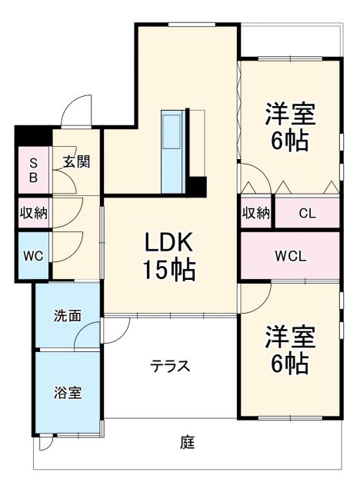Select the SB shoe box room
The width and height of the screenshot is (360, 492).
[33, 170]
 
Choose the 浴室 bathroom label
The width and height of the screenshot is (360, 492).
[66, 392]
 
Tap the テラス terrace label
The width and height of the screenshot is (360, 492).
[170, 366]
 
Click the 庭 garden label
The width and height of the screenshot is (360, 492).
[187, 443]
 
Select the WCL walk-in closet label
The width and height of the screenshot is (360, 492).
[291, 256]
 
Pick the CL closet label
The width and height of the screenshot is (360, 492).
[307, 213]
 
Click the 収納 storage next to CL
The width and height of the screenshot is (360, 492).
[256, 213]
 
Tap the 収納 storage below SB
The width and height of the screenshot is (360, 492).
[34, 212]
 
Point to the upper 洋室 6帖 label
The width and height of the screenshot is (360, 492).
[291, 127]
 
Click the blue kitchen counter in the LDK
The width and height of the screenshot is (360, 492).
[170, 151]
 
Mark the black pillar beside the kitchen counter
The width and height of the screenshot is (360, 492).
[198, 186]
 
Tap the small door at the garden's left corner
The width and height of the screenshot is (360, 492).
[47, 443]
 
